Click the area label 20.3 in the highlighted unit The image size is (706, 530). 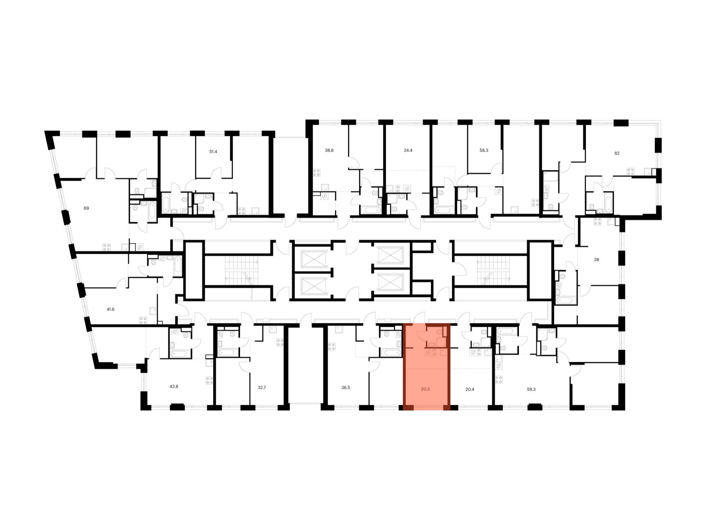coord(425,389)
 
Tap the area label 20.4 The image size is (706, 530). coord(469,389)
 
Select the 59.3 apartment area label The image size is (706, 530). coord(531,389)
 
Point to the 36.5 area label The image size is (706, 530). coord(346,388)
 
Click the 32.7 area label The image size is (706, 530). coord(262,388)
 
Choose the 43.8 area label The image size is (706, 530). coord(174,387)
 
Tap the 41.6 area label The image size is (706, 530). coord(110,309)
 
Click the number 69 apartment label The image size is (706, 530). coord(86,208)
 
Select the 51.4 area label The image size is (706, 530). coord(213,152)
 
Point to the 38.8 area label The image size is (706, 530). coord(329,150)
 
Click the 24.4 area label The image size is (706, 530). coord(408,150)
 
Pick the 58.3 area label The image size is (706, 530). coord(484,150)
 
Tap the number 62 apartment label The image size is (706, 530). coord(617,153)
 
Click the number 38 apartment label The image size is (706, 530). coord(596,260)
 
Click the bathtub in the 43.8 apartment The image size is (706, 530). coord(180,353)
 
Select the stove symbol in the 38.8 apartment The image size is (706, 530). coord(317,173)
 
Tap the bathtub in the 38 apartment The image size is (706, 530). coord(566,300)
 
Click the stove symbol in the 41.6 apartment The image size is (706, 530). coord(143,320)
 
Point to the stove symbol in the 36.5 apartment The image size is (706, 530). coord(331,347)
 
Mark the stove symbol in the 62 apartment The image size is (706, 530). coord(630,172)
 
